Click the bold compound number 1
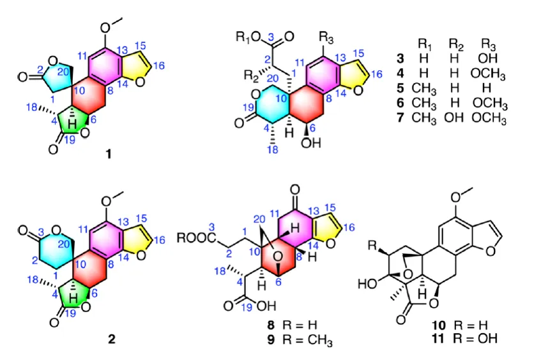coord(108,155)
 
